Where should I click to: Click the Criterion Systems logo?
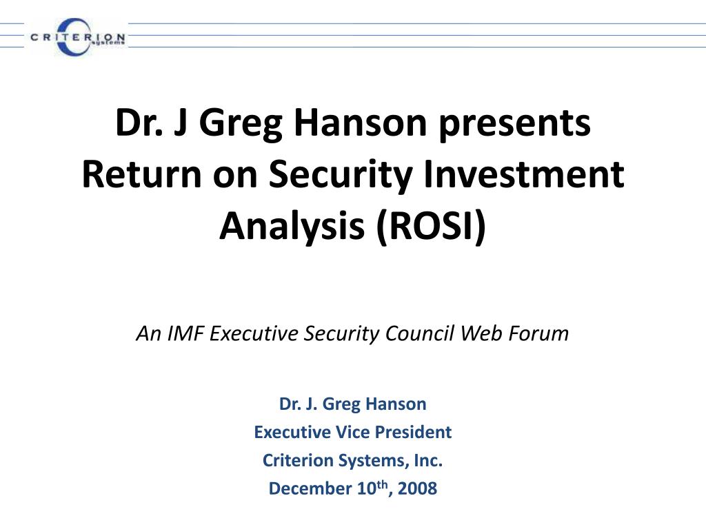[x=77, y=37]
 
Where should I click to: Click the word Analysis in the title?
[x=293, y=226]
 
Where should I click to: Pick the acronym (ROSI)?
[x=431, y=226]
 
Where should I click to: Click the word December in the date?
[x=310, y=489]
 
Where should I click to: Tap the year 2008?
[x=417, y=489]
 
